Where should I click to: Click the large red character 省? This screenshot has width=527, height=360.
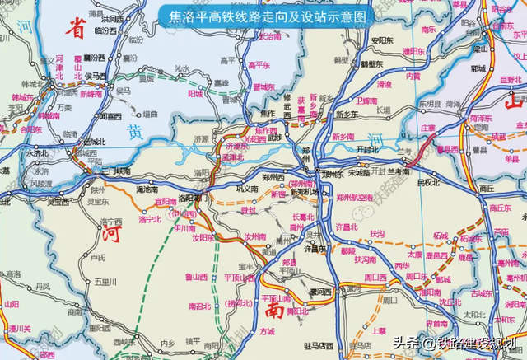(x=76, y=30)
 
